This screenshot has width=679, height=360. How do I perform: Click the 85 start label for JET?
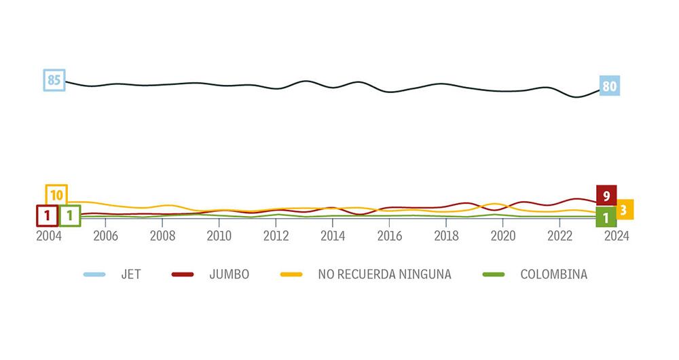pos(54,80)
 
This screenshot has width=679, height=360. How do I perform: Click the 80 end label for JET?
pos(609,86)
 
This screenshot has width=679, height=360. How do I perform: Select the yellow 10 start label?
pos(56,196)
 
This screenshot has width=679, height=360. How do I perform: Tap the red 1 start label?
pos(47,216)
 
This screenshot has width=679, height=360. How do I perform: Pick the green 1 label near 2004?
pos(70,216)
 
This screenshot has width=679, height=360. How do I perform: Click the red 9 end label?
pos(606,196)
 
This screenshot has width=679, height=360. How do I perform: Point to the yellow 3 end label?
pos(624,209)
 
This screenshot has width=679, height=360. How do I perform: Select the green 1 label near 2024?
pos(606,218)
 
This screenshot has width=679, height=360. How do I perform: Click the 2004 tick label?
pos(48,236)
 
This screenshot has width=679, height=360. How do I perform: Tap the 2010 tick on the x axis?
pos(219,236)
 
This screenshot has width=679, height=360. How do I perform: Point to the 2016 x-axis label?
pos(389,236)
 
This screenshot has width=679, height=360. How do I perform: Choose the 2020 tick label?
pos(502,236)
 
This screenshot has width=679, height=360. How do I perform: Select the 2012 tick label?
pos(276,236)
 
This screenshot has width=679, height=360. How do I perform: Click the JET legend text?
pos(132,274)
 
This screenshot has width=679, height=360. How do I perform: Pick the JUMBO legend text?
pos(230,274)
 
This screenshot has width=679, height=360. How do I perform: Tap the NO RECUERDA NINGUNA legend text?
pos(384,274)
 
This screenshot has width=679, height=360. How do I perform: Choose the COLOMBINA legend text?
pos(553,274)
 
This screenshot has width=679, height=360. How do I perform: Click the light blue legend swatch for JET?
pos(94,274)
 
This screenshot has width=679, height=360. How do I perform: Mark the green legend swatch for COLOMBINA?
pos(493,274)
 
